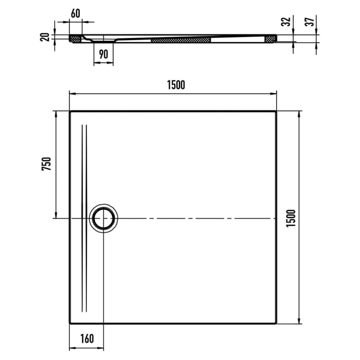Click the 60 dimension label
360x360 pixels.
coord(75,14)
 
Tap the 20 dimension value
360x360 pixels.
coord(45,37)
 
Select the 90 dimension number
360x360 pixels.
coord(103,53)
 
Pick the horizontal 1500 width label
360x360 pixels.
coord(175,85)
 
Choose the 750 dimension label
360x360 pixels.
coord(46,164)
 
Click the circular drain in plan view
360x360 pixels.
coord(104,219)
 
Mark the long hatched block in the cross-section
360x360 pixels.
coord(181,39)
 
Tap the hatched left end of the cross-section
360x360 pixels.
coord(76,38)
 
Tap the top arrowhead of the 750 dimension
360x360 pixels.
coord(55,113)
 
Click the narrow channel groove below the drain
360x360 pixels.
coord(85,273)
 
